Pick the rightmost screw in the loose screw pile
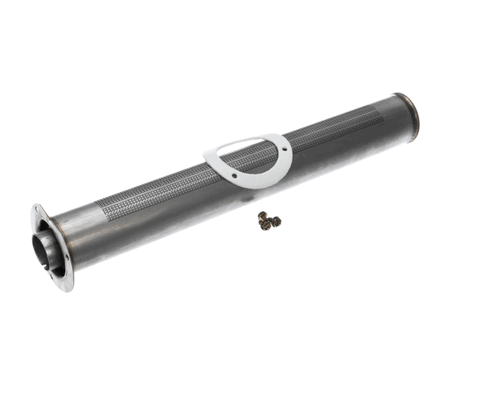click(276, 221)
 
